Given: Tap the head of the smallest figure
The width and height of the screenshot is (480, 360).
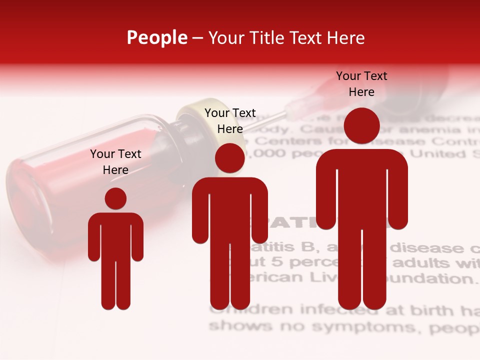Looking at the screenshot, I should click(x=115, y=198).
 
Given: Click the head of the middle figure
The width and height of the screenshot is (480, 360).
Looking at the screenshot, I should click(x=230, y=158).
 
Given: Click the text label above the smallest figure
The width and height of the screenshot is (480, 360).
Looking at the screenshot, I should click(x=115, y=162).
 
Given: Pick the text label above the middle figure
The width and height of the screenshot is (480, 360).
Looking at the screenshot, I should click(x=230, y=121).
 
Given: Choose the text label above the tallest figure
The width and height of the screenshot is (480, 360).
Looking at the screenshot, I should click(x=361, y=84).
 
